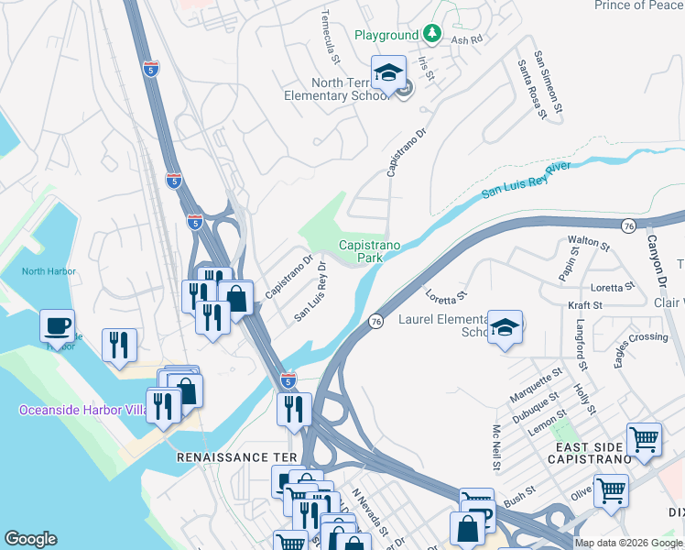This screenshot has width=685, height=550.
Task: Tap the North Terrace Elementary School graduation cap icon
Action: pyautogui.click(x=388, y=72)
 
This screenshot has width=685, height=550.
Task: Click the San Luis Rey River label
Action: pyautogui.click(x=527, y=180)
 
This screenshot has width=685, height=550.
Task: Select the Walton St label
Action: pyautogui.click(x=588, y=243)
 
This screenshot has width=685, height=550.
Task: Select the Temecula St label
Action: pyautogui.click(x=331, y=38)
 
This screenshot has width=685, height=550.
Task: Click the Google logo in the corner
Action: pyautogui.click(x=31, y=539)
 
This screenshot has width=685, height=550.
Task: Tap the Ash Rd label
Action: pyautogui.click(x=466, y=39)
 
